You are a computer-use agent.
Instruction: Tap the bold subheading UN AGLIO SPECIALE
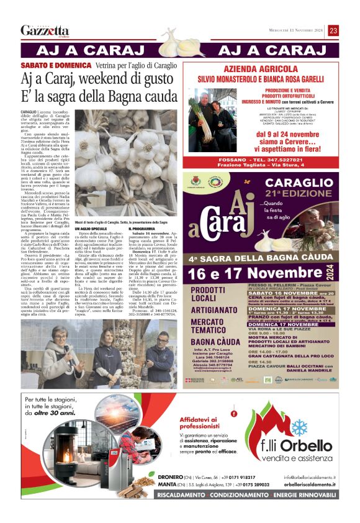pos(91,246)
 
